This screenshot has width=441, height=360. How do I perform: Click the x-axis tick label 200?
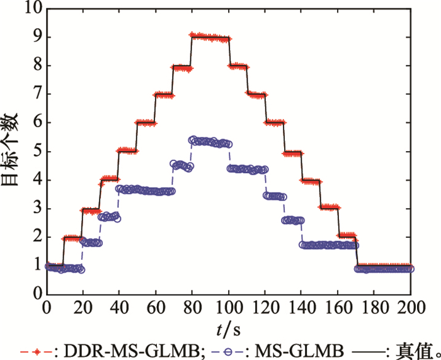(411, 308)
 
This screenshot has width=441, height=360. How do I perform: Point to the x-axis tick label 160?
(338, 308)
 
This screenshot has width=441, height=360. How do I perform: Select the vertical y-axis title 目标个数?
(11, 151)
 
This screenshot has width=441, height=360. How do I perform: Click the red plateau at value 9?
(210, 38)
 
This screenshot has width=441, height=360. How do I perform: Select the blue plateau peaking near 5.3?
(210, 142)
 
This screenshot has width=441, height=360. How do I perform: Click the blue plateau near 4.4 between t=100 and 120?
(246, 169)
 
